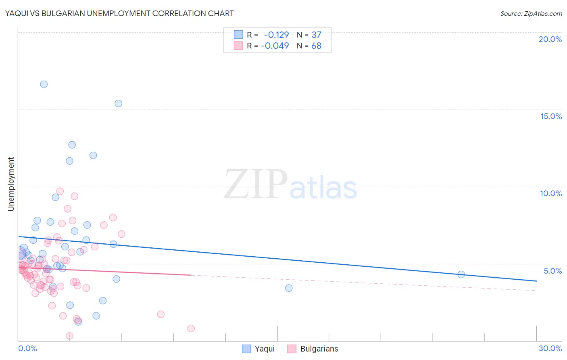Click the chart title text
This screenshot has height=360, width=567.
click(x=119, y=13)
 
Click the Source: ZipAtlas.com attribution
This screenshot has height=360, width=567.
click(x=531, y=13)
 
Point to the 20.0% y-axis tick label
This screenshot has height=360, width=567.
click(x=550, y=39)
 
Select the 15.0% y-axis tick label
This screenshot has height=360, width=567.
click(x=551, y=116)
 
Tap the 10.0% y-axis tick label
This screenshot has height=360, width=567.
click(x=551, y=193)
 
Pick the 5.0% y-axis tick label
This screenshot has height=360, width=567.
click(x=552, y=271)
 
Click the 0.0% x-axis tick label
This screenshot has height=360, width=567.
click(x=27, y=348)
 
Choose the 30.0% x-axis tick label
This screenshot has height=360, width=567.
click(x=550, y=348)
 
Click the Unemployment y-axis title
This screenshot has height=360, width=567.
click(x=11, y=184)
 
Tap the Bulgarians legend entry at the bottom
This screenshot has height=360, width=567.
click(x=313, y=349)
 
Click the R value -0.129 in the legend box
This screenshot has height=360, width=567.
click(x=276, y=35)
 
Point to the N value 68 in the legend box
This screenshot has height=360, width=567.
click(x=316, y=46)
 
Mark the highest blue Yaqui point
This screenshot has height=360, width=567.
click(x=44, y=84)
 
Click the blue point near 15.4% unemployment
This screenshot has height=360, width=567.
click(x=119, y=103)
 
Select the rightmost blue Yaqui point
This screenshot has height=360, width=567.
click(x=461, y=274)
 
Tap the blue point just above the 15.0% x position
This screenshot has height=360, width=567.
click(x=289, y=288)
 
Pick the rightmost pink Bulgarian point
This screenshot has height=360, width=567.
click(x=191, y=329)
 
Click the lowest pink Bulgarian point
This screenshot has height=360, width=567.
click(x=69, y=336)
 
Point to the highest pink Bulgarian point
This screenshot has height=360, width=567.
click(x=60, y=191)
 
